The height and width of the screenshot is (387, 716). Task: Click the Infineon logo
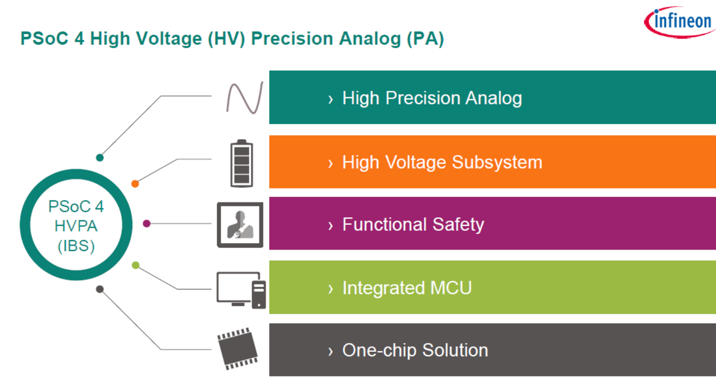pyautogui.click(x=680, y=22)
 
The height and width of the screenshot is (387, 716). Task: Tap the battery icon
pyautogui.click(x=242, y=164)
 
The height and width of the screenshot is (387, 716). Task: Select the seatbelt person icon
pyautogui.click(x=240, y=225)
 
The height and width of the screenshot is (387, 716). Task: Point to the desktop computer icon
pyautogui.click(x=241, y=290)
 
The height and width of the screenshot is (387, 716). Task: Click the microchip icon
pyautogui.click(x=238, y=349)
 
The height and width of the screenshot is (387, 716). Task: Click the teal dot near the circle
pyautogui.click(x=100, y=158)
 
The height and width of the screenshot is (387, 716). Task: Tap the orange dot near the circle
pyautogui.click(x=135, y=184)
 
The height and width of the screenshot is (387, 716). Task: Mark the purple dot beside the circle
pyautogui.click(x=147, y=224)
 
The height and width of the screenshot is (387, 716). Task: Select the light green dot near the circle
pyautogui.click(x=135, y=266)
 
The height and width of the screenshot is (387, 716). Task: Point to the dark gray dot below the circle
pyautogui.click(x=100, y=289)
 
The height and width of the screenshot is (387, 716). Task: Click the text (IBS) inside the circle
pyautogui.click(x=76, y=246)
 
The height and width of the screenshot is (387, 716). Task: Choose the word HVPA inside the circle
pyautogui.click(x=76, y=226)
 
